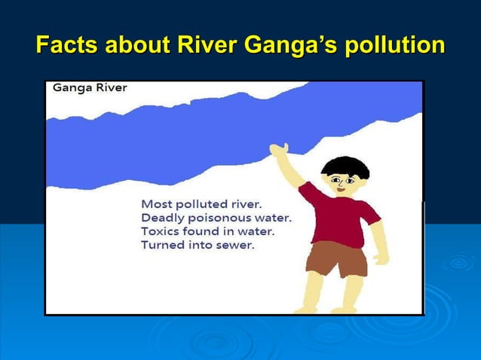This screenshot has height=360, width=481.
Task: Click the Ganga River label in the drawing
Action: click(90, 87)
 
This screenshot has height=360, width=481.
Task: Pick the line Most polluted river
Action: click(201, 204)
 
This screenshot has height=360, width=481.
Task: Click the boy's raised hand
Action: click(280, 151)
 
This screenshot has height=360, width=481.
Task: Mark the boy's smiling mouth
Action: click(340, 190)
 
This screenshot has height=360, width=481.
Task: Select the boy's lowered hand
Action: click(381, 258)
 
